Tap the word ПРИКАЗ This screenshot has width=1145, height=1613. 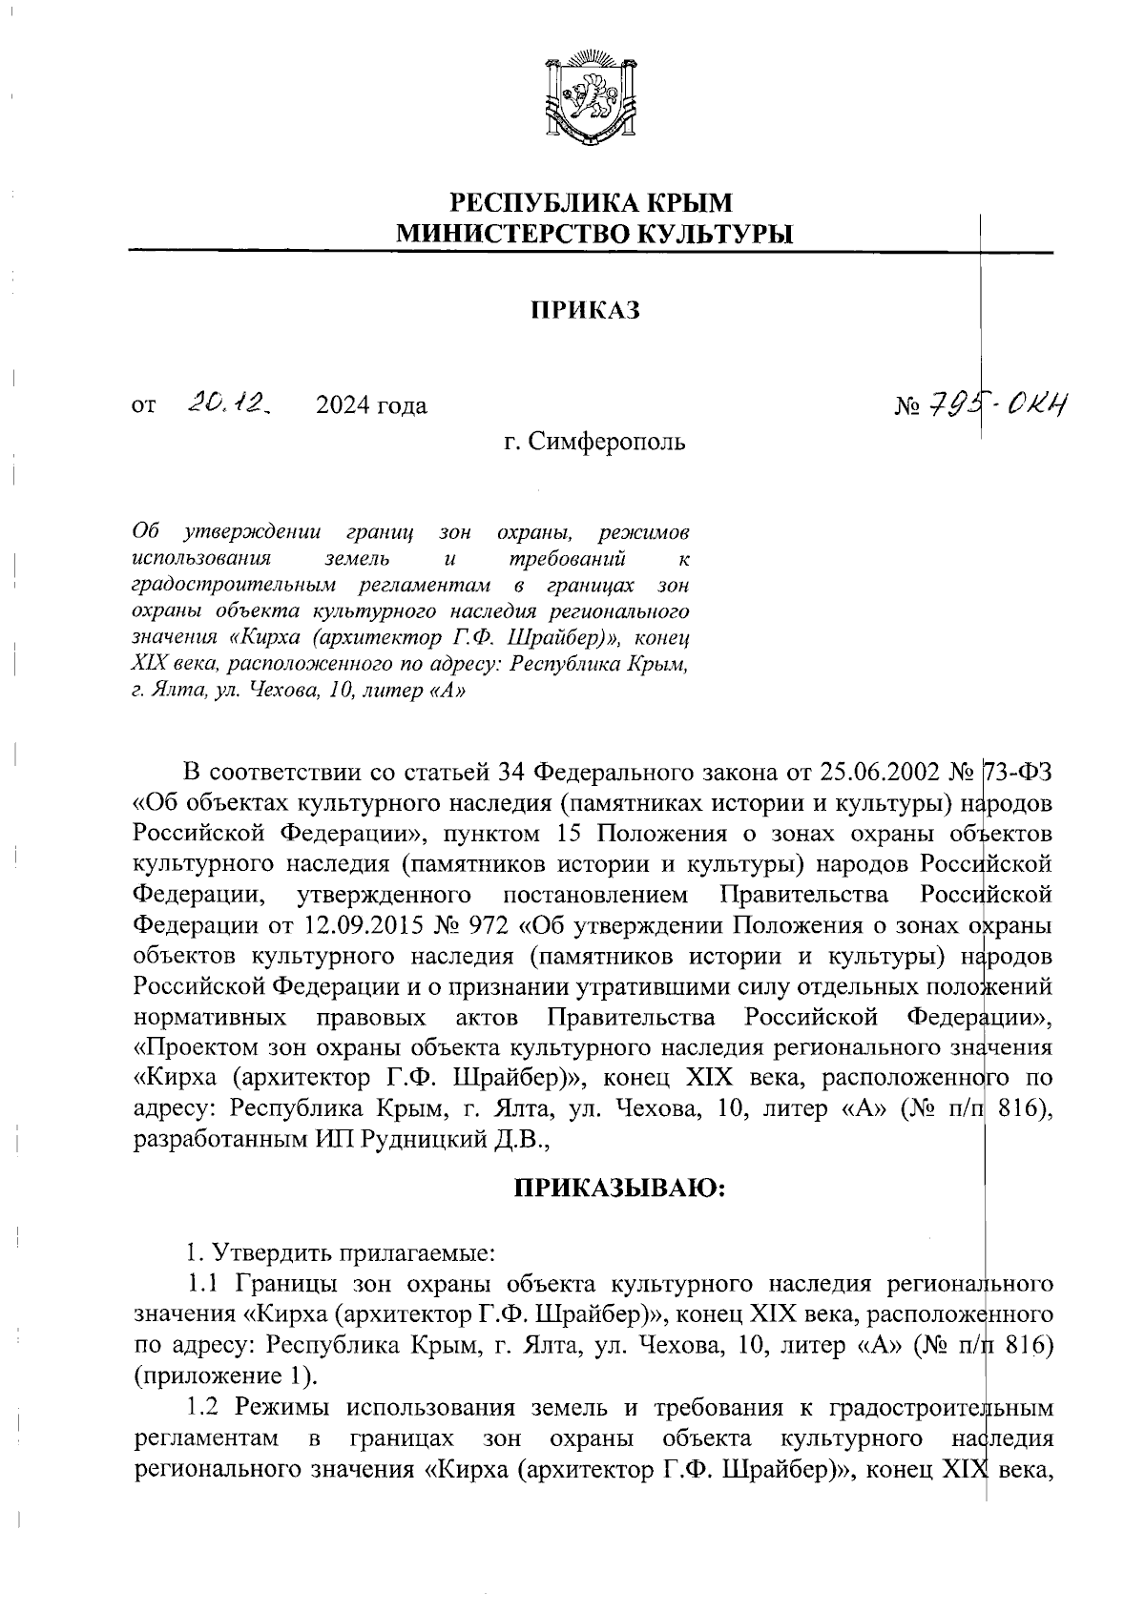point(584,311)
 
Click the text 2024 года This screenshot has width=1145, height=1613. point(371,406)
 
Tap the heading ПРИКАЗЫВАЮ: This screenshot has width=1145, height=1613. point(621,1189)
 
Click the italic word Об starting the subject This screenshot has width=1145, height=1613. point(146,529)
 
